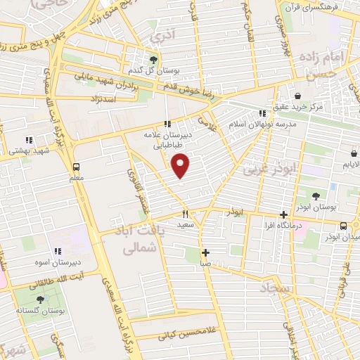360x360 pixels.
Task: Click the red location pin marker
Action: pyautogui.click(x=181, y=165)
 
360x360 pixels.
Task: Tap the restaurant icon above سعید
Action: pyautogui.click(x=186, y=214)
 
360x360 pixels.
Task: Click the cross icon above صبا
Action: pyautogui.click(x=205, y=252)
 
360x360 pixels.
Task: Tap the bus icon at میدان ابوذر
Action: pyautogui.click(x=343, y=226)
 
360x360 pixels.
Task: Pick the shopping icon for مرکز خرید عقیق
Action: pyautogui.click(x=297, y=96)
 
